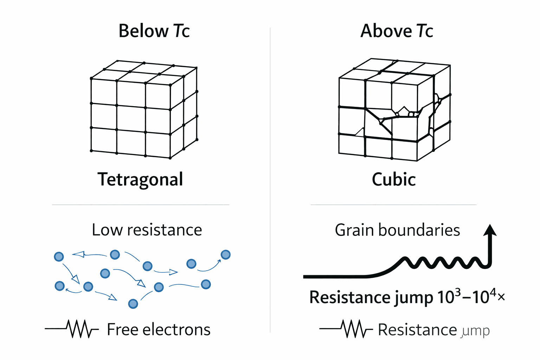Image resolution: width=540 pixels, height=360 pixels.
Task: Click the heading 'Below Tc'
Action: point(154,31)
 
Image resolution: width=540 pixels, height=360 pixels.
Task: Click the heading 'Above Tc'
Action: point(397,31)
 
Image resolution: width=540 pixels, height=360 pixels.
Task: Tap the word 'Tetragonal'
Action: point(140,180)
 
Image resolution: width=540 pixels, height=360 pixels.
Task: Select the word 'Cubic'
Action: point(394,180)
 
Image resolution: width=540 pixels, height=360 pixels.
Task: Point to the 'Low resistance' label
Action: point(147,230)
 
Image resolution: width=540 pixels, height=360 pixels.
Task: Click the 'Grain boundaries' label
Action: point(397,230)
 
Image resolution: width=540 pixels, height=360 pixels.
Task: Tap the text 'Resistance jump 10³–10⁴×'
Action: point(407,297)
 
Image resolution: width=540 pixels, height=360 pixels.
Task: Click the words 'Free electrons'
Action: point(159,330)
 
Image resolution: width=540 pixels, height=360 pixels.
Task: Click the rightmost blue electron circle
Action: point(225,255)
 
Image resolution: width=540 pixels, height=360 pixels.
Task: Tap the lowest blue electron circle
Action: point(133,304)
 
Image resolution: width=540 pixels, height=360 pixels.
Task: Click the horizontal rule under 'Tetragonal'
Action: point(141,204)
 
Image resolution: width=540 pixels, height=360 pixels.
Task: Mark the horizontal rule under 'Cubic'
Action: point(394,204)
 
